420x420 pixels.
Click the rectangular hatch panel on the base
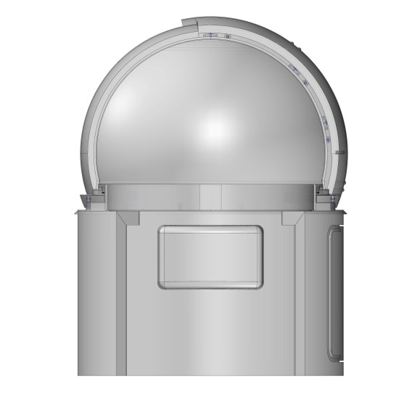pyautogui.click(x=210, y=257)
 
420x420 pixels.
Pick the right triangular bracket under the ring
pyautogui.click(x=292, y=218)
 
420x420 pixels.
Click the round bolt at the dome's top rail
pyautogui.click(x=227, y=36)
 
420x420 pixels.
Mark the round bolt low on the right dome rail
pyautogui.click(x=328, y=139)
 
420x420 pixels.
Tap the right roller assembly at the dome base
pyautogui.click(x=327, y=197)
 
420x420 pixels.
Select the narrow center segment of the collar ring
pyautogui.click(x=210, y=194)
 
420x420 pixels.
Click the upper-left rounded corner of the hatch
pyautogui.click(x=164, y=231)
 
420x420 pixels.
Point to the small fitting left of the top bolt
pyautogui.click(x=209, y=35)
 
